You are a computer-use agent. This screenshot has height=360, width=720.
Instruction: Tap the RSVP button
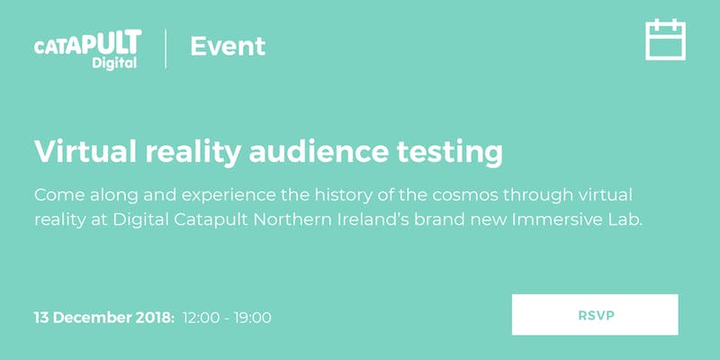595,314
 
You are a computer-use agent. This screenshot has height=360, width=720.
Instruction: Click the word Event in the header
228,46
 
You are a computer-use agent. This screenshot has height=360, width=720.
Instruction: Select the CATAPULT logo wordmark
87,42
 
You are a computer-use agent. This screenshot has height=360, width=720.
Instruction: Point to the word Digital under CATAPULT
114,62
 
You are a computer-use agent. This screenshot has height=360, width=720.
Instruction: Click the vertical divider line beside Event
166,49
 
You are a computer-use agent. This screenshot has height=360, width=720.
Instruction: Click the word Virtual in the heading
85,151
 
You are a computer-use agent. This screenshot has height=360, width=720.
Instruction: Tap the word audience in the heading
319,152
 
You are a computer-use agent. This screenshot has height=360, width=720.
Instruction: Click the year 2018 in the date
155,318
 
